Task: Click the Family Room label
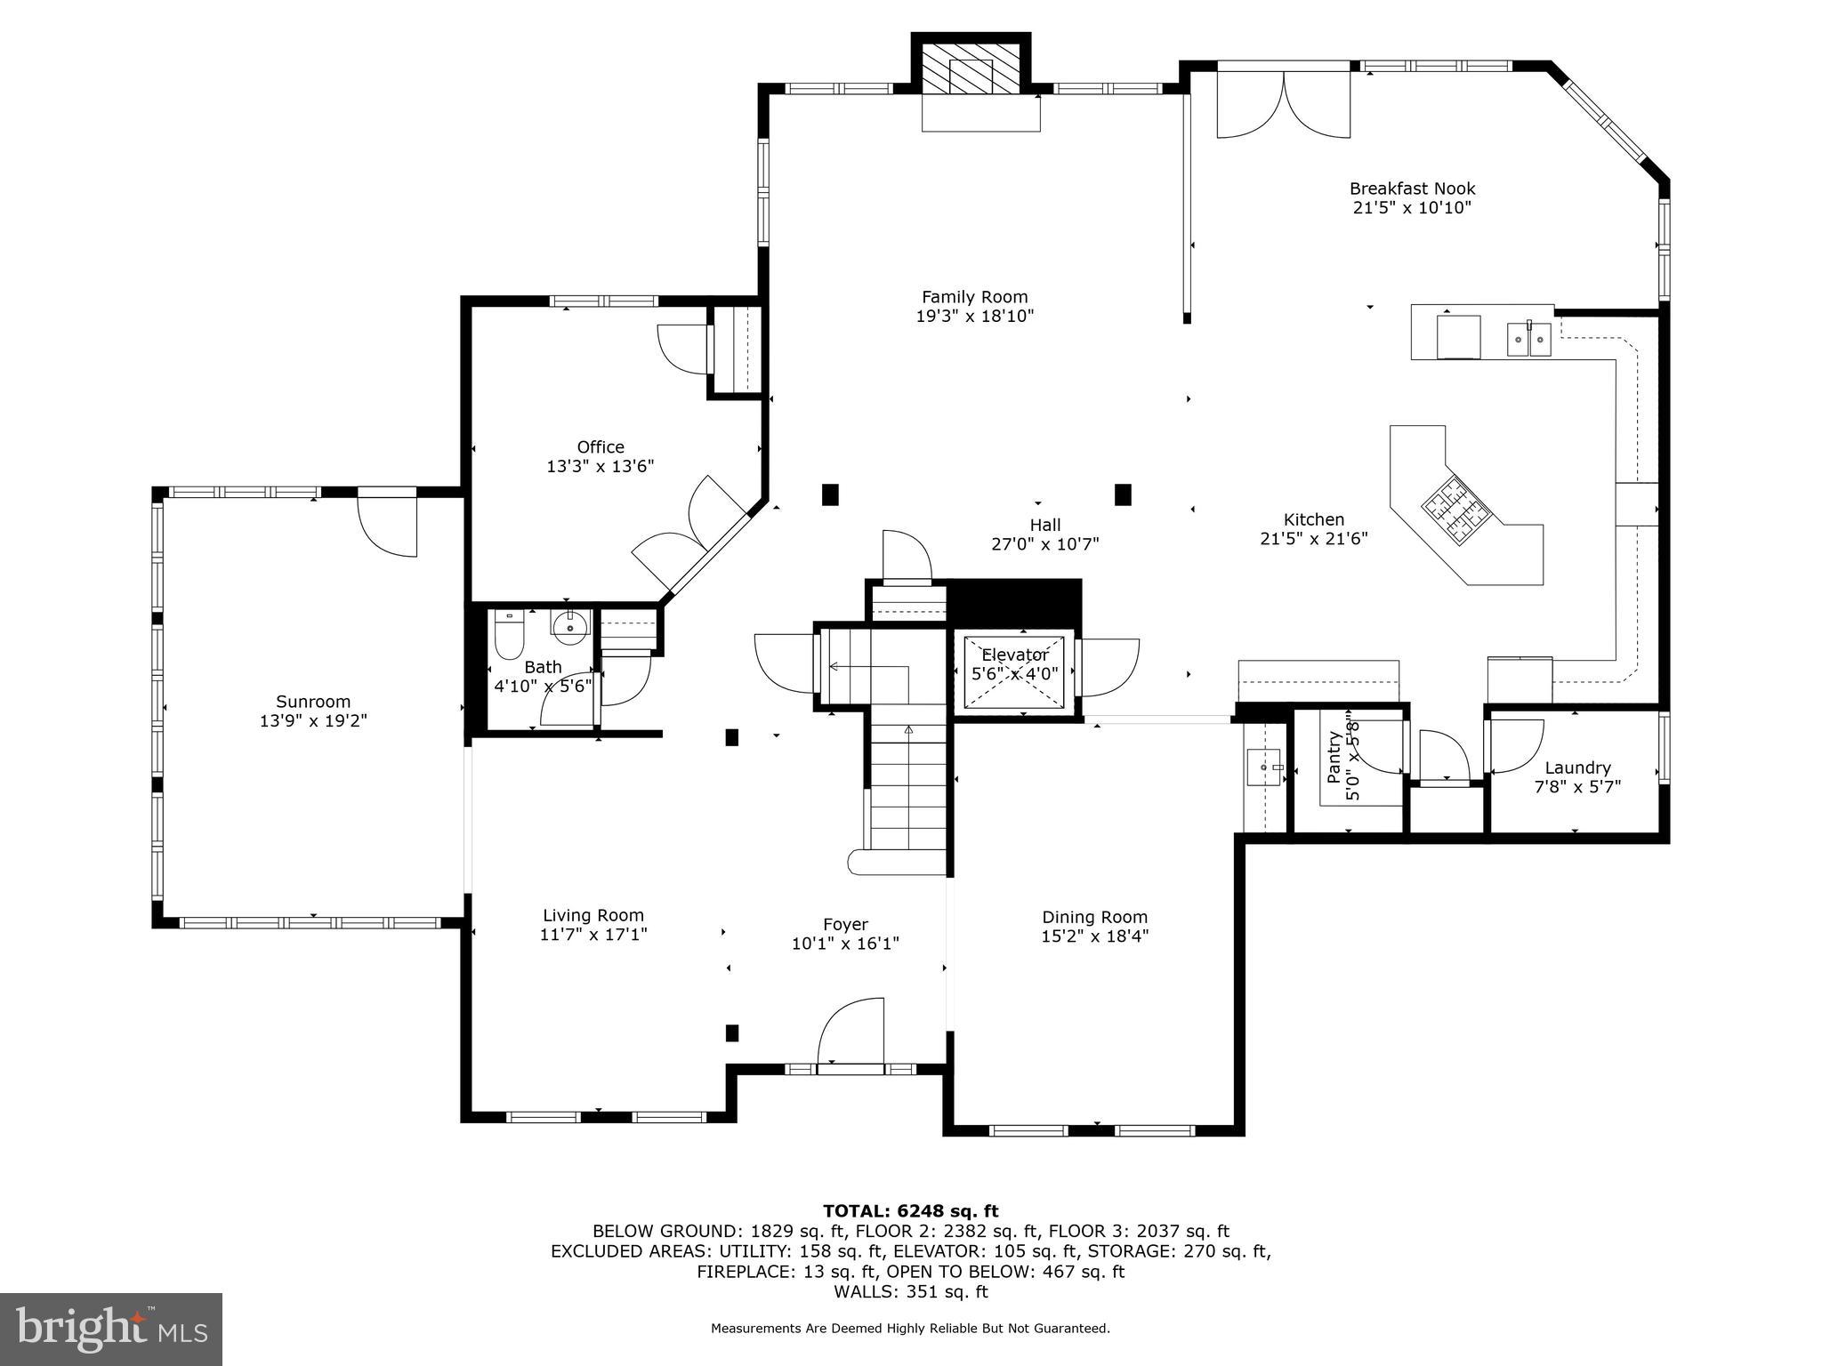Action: click(974, 297)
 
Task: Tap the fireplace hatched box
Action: click(971, 68)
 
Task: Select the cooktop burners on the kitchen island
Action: click(1456, 511)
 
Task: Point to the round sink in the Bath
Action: click(568, 626)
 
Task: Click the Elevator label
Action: click(1015, 655)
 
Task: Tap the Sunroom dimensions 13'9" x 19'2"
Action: click(313, 720)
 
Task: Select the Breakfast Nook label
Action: click(1412, 189)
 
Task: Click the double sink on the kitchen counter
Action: click(1528, 339)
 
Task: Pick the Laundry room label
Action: click(1577, 767)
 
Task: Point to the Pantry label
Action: click(1333, 757)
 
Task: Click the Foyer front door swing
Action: click(851, 1030)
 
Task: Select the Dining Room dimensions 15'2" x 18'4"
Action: click(1094, 936)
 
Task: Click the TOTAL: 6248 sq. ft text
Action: click(910, 1210)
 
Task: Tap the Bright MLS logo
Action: click(111, 1329)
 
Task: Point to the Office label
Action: click(601, 446)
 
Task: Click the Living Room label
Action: click(593, 915)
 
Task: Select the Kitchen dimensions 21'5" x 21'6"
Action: click(1314, 538)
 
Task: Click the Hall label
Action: click(1045, 525)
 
